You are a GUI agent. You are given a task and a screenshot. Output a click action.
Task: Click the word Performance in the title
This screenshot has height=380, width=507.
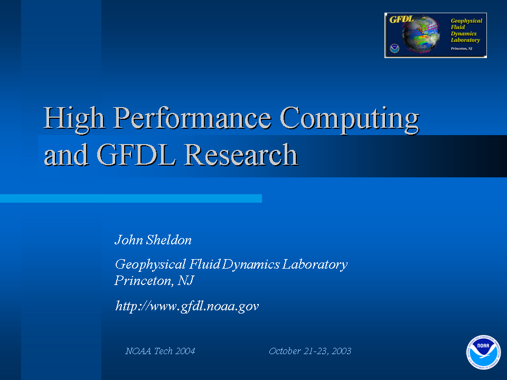pyautogui.click(x=192, y=118)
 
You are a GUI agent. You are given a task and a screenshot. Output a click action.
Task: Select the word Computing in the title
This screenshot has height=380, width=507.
pyautogui.click(x=350, y=120)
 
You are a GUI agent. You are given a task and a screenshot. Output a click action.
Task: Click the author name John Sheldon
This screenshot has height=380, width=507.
pyautogui.click(x=153, y=240)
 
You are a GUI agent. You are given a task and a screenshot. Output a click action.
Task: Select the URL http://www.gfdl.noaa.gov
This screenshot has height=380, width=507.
pyautogui.click(x=187, y=306)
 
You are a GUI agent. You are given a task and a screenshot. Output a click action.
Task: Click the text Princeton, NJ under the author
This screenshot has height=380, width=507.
pyautogui.click(x=154, y=280)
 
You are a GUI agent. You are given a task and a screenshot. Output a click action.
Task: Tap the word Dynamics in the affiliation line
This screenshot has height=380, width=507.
pyautogui.click(x=250, y=264)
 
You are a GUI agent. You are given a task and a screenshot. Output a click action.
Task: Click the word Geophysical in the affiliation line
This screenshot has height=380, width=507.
pyautogui.click(x=151, y=264)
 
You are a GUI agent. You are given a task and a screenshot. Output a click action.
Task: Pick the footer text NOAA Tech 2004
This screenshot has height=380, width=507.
pyautogui.click(x=160, y=351)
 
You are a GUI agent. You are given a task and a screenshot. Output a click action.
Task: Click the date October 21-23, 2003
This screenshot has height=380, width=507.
pyautogui.click(x=310, y=351)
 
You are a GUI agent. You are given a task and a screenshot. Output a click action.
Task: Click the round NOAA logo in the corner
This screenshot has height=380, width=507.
pyautogui.click(x=483, y=352)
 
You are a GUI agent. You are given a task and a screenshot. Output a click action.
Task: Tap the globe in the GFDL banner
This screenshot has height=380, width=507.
pyautogui.click(x=421, y=34)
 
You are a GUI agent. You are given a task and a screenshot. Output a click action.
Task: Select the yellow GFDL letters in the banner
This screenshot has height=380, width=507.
pyautogui.click(x=401, y=20)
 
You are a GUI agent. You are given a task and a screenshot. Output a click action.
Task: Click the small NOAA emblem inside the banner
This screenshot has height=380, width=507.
pyautogui.click(x=395, y=49)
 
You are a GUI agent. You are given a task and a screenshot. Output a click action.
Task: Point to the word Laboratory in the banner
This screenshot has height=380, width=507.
pyautogui.click(x=465, y=40)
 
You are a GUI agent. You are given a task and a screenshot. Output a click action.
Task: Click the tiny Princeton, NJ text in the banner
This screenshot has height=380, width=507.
pyautogui.click(x=462, y=49)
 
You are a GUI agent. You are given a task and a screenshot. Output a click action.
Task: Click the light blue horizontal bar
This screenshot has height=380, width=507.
pyautogui.click(x=131, y=198)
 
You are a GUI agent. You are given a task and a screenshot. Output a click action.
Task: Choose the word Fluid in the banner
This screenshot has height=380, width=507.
pyautogui.click(x=457, y=27)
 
